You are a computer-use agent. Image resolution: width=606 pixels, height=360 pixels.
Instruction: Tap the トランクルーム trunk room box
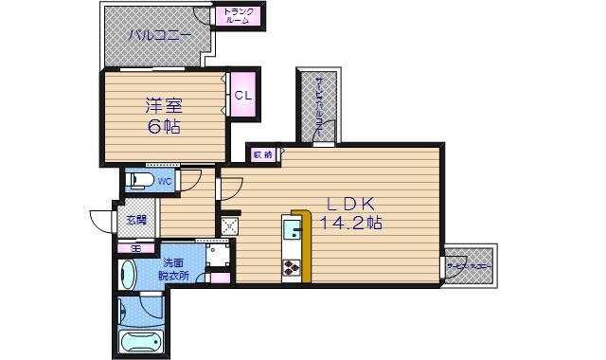point(238,16)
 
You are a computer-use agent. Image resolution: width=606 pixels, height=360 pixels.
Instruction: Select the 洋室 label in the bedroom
point(163,105)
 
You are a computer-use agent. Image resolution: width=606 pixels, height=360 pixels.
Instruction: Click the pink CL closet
point(242,95)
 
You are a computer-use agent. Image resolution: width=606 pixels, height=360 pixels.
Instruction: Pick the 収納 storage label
point(262,153)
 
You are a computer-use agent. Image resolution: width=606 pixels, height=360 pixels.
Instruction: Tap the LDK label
point(352,204)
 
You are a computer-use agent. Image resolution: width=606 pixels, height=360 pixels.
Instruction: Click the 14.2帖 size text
point(352,225)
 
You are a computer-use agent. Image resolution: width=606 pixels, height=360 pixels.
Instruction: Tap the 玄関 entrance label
point(134,220)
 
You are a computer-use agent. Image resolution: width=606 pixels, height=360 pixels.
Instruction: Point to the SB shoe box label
point(136,248)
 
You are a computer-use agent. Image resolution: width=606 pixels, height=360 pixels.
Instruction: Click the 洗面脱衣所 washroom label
point(174,268)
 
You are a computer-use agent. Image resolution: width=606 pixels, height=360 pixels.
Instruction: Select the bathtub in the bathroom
point(140,338)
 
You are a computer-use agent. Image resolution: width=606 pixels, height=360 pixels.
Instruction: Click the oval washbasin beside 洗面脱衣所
point(129,276)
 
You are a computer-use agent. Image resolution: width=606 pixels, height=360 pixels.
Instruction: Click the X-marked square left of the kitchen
point(228,225)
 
